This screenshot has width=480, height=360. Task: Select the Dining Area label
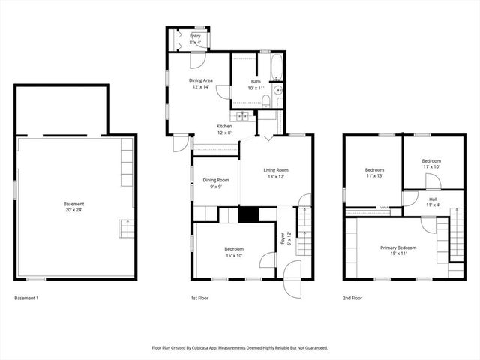click(x=201, y=82)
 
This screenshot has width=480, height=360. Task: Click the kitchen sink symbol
click(x=244, y=116)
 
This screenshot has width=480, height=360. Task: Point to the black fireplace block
click(x=248, y=214)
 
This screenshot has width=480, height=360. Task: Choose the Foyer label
click(x=283, y=238)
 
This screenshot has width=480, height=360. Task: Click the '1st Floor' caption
click(x=200, y=298)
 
